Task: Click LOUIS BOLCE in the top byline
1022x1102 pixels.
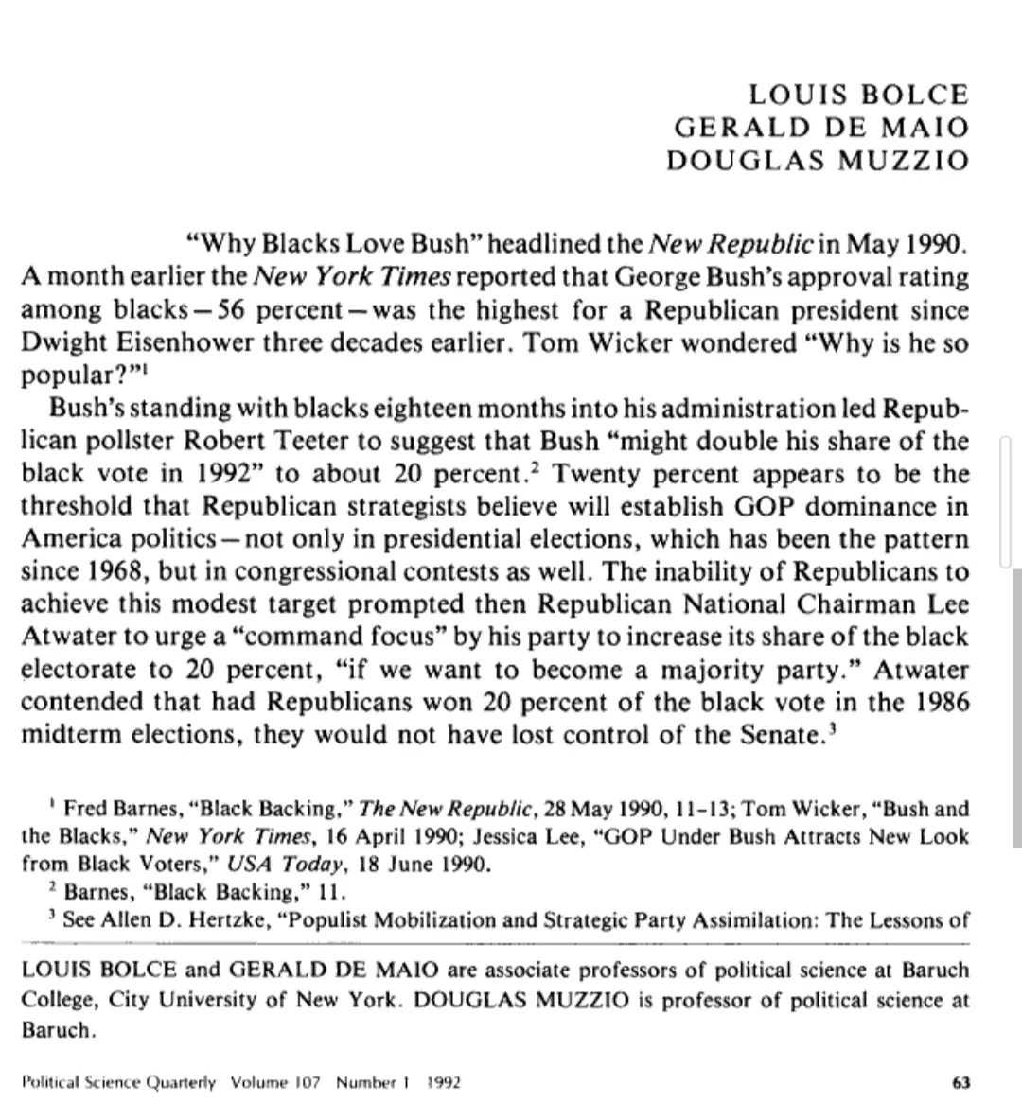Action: pyautogui.click(x=859, y=95)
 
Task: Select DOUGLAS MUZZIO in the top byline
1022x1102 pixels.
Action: pyautogui.click(x=819, y=159)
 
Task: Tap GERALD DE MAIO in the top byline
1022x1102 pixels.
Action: pyautogui.click(x=821, y=127)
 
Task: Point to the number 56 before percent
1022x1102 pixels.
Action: pyautogui.click(x=237, y=310)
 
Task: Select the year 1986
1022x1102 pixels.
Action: pyautogui.click(x=942, y=703)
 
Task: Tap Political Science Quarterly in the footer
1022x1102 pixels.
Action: pyautogui.click(x=118, y=1081)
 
